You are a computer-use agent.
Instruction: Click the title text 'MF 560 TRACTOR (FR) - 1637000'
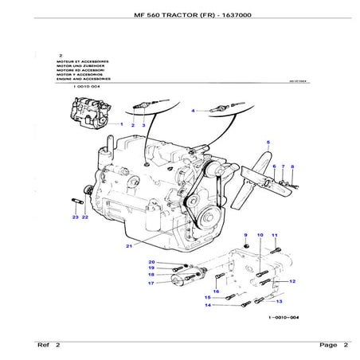(x=179, y=16)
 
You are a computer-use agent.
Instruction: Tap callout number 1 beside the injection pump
(x=122, y=125)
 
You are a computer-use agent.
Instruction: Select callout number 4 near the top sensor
(x=192, y=110)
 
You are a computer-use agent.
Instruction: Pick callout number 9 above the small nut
(x=245, y=235)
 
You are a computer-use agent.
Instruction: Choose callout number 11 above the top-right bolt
(x=273, y=236)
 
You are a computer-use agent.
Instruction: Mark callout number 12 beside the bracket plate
(x=293, y=281)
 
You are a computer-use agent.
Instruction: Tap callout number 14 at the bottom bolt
(x=207, y=305)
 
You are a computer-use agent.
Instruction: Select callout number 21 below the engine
(x=128, y=246)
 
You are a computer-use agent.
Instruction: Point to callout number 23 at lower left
(x=74, y=217)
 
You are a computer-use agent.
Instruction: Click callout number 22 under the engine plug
(x=84, y=217)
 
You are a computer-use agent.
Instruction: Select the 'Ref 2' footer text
(x=49, y=345)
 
